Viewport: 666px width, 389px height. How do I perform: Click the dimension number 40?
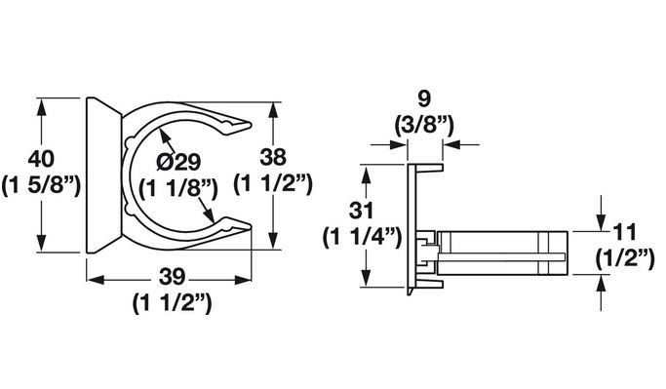(41, 159)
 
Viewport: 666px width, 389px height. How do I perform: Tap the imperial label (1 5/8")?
(41, 185)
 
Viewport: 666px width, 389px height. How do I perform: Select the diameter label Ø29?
(178, 162)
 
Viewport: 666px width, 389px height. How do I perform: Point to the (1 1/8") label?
(178, 188)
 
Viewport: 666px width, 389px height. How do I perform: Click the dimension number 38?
(273, 157)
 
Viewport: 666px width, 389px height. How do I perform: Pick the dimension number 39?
(173, 277)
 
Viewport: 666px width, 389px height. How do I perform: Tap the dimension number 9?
(424, 98)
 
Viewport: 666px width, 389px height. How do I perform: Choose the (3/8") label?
(424, 125)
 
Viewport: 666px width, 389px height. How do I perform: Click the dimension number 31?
(361, 211)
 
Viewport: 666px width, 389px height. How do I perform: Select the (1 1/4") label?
(362, 237)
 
